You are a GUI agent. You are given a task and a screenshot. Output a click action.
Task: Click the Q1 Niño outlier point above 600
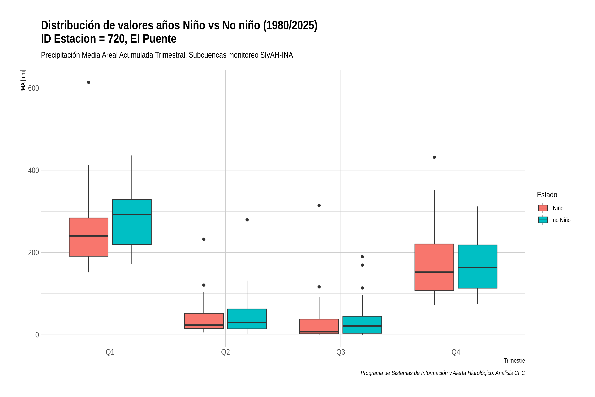(89, 82)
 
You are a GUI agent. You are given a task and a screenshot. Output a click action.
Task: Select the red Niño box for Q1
(89, 237)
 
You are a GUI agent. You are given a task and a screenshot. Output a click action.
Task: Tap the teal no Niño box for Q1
(132, 222)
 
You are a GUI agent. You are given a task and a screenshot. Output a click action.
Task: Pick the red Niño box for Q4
(434, 267)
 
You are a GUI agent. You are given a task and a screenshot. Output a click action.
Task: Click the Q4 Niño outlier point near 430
(434, 157)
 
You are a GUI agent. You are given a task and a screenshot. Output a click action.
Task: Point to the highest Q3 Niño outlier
(319, 205)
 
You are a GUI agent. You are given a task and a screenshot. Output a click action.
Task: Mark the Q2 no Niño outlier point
(247, 220)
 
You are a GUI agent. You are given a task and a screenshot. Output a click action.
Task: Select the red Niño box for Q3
(319, 326)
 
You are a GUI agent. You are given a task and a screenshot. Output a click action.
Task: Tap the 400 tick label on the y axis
(33, 170)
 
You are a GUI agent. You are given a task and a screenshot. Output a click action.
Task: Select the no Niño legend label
(562, 220)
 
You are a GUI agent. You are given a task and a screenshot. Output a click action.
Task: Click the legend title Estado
(547, 195)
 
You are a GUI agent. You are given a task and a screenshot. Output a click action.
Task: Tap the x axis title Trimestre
(514, 361)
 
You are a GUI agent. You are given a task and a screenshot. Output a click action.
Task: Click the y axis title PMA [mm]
(23, 82)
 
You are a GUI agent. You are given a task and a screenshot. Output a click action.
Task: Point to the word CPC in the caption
(520, 373)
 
